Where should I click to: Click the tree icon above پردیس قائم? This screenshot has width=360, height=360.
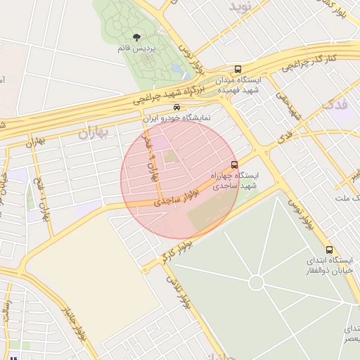pyautogui.click(x=136, y=37)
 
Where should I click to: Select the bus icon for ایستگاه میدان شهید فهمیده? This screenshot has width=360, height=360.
pyautogui.click(x=238, y=70)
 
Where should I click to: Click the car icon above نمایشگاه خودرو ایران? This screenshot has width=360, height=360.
pyautogui.click(x=176, y=108)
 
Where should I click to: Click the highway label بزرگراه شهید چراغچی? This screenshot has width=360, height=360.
pyautogui.click(x=168, y=92)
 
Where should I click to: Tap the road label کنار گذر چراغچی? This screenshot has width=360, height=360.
pyautogui.click(x=311, y=62)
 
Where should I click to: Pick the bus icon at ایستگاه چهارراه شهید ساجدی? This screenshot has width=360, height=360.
pyautogui.click(x=234, y=165)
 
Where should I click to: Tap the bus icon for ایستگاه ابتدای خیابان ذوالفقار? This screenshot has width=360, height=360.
pyautogui.click(x=329, y=250)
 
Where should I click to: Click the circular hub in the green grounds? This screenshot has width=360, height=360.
pyautogui.click(x=256, y=282)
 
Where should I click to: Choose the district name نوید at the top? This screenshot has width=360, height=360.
pyautogui.click(x=239, y=6)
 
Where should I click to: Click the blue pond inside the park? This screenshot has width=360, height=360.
pyautogui.click(x=175, y=69)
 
